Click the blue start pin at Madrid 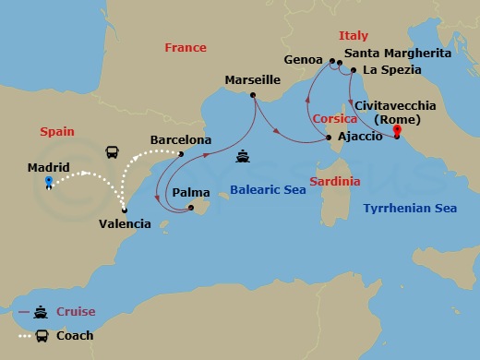point(48,181)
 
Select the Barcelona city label point(181,140)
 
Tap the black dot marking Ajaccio point(330,139)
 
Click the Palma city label point(191,193)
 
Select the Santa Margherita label point(397,54)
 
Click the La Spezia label point(391,69)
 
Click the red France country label point(185,47)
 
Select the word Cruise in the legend point(76,312)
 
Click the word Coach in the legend point(75,335)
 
